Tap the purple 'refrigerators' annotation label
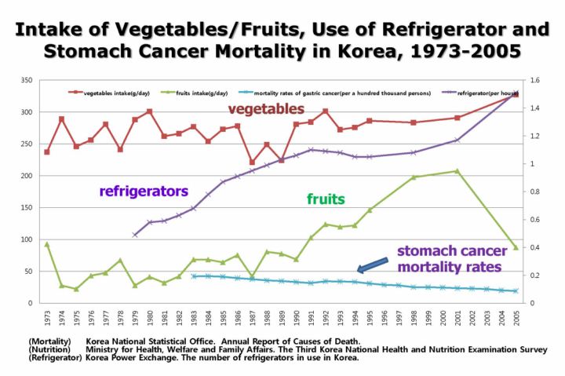[x=144, y=190]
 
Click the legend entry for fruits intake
[x=191, y=93]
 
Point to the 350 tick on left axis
[x=26, y=80]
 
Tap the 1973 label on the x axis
[x=46, y=319]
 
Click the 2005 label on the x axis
[x=516, y=319]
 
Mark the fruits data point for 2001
[x=457, y=171]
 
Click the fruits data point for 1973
[x=46, y=244]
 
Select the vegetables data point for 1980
[x=149, y=111]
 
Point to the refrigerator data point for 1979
[x=135, y=235]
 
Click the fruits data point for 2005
[x=516, y=247]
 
